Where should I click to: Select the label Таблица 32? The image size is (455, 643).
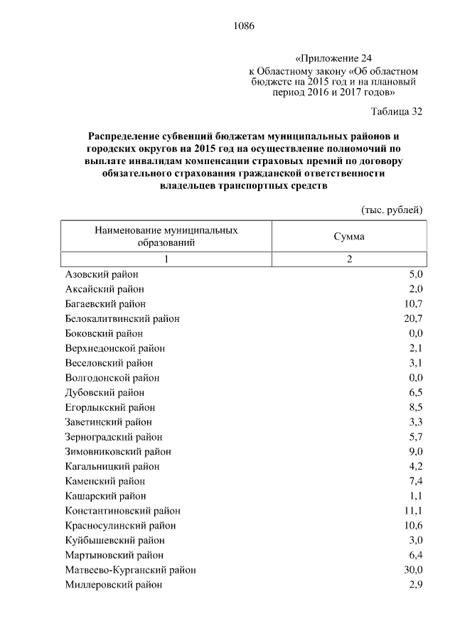[397, 112]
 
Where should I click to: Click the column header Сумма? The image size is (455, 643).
[349, 237]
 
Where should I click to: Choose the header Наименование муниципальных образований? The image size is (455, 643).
[166, 237]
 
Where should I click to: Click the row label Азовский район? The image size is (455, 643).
[102, 274]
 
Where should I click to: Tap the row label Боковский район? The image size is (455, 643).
[104, 333]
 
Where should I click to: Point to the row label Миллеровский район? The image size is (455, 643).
[113, 585]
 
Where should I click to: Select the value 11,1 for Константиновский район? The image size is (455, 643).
[414, 511]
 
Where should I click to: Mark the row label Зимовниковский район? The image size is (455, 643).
[118, 451]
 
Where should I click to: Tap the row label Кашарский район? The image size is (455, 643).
[105, 496]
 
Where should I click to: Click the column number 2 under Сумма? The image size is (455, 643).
[349, 259]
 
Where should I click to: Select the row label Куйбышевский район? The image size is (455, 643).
[110, 540]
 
